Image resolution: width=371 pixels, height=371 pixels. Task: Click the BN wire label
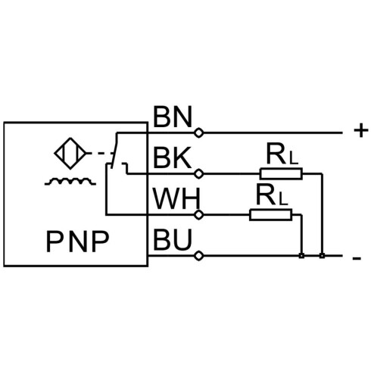click(173, 117)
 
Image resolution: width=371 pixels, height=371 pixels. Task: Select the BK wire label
click(172, 157)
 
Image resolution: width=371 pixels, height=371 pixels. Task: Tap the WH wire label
click(176, 199)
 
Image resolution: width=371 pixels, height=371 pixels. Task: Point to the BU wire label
click(173, 239)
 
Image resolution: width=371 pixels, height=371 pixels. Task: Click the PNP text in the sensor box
click(77, 242)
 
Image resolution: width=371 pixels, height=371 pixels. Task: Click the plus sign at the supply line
click(361, 131)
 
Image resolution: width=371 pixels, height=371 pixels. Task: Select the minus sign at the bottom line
click(357, 258)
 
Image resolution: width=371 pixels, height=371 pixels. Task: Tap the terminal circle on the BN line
click(199, 132)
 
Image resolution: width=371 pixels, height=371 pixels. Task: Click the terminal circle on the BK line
click(199, 174)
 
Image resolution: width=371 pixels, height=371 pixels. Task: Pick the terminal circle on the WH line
click(199, 215)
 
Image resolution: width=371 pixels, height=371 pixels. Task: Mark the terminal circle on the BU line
click(199, 256)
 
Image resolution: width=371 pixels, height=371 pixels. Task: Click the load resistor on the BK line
click(281, 174)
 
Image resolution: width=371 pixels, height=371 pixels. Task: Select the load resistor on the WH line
click(271, 215)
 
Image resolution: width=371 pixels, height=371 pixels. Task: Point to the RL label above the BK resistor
click(282, 154)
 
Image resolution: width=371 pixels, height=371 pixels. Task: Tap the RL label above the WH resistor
click(272, 195)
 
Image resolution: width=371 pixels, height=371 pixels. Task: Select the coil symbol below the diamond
click(70, 181)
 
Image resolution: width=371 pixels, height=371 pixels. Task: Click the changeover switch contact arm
click(114, 151)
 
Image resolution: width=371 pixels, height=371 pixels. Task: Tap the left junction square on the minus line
click(301, 256)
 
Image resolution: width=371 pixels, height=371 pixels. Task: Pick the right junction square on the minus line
click(322, 256)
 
